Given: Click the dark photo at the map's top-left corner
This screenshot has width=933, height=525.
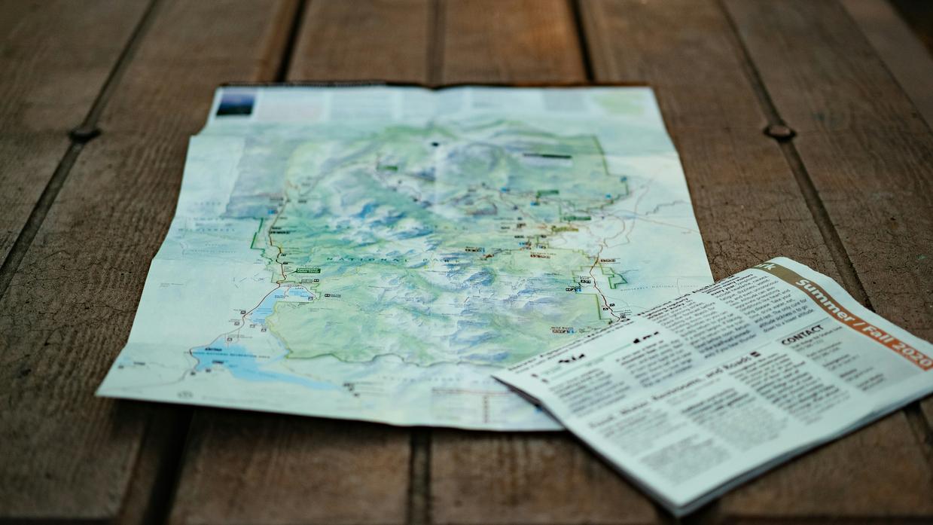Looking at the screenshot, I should pyautogui.click(x=234, y=102).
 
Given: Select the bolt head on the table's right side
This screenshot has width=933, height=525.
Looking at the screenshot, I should pyautogui.click(x=779, y=132).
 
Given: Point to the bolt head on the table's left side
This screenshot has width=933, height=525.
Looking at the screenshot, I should pyautogui.click(x=84, y=134).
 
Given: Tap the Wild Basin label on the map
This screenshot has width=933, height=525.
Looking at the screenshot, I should pyautogui.click(x=562, y=328).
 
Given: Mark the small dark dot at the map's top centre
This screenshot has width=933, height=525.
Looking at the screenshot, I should pyautogui.click(x=434, y=143).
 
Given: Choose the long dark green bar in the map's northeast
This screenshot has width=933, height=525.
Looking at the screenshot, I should pyautogui.click(x=547, y=156).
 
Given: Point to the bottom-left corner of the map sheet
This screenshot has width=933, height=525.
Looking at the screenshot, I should pyautogui.click(x=99, y=392).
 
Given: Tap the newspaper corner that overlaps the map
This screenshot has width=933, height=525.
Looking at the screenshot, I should pyautogui.click(x=495, y=379).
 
